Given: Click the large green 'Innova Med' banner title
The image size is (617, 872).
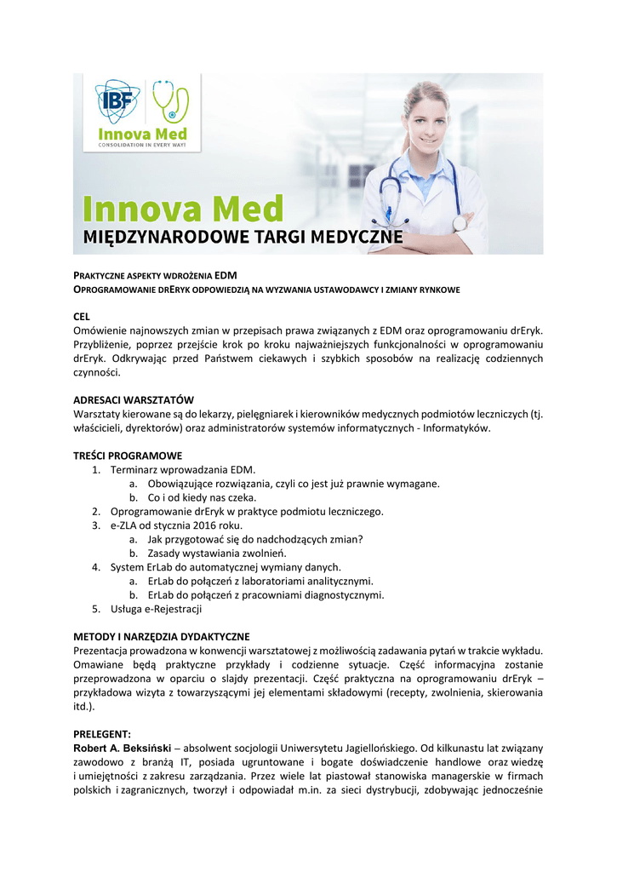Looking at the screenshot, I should (x=182, y=209).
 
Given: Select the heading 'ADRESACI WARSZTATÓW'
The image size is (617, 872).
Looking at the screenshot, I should (x=134, y=399).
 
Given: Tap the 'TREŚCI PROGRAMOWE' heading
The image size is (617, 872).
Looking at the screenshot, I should (x=128, y=456).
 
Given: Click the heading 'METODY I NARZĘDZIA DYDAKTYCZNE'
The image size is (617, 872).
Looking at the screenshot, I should (x=162, y=636).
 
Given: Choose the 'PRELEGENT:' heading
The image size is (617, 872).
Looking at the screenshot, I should (x=102, y=733).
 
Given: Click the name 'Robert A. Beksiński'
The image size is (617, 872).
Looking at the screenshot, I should (x=126, y=747).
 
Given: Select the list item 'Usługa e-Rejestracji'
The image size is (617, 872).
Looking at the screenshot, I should (x=156, y=609).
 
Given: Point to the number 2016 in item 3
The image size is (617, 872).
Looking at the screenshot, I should (x=206, y=525).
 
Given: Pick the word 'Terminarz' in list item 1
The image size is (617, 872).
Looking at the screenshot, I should (x=134, y=469).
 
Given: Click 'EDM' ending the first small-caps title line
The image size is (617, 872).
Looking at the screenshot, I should (x=226, y=275).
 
